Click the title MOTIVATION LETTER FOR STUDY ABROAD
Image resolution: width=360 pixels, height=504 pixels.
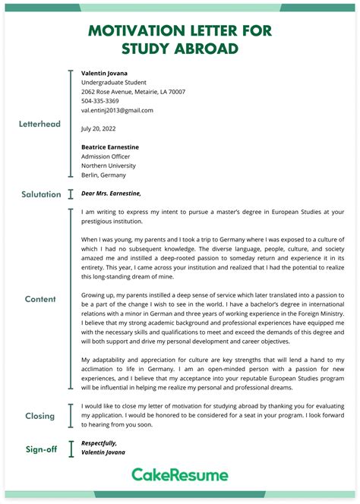[180, 39]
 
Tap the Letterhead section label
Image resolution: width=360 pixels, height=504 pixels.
[39, 124]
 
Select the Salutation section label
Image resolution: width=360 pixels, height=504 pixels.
[41, 194]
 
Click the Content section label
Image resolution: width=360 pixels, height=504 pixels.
[40, 299]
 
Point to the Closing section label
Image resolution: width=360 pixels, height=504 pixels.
[40, 416]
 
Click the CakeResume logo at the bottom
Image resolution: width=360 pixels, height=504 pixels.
[180, 475]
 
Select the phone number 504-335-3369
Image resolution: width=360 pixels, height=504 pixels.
[100, 101]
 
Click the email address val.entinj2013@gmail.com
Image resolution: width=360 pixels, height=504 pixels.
[117, 110]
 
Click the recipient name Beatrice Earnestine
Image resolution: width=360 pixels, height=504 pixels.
[110, 147]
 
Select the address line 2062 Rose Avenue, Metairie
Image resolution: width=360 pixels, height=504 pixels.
[133, 92]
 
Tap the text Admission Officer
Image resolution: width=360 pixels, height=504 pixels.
[107, 156]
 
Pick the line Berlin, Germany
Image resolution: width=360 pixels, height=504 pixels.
[104, 175]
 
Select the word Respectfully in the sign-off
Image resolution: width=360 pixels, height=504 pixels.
[99, 443]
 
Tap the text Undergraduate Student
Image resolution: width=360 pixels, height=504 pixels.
[114, 82]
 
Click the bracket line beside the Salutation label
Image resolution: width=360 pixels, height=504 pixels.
[71, 194]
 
